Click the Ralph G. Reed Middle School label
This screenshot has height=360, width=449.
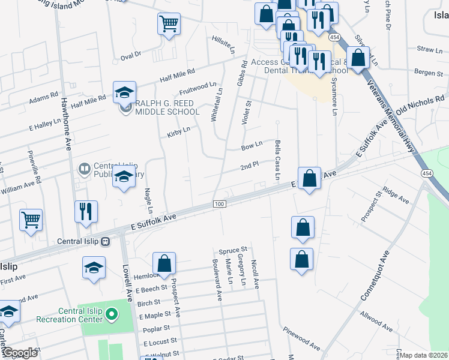[167, 107]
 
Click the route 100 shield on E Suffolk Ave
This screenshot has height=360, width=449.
[219, 205]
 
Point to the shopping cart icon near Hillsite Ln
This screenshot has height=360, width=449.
[169, 25]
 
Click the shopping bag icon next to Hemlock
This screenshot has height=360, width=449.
[164, 263]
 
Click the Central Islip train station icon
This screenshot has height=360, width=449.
[106, 242]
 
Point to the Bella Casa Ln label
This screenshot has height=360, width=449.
[277, 160]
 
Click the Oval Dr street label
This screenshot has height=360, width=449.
[130, 55]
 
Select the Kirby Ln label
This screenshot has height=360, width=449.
[179, 131]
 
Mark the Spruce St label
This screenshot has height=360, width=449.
[233, 250]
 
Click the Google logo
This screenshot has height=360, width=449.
[20, 353]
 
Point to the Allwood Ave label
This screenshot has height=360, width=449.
[376, 322]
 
